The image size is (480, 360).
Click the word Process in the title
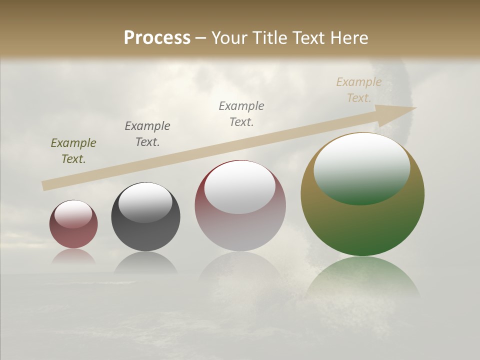[157, 37]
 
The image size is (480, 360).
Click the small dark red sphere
[73, 235]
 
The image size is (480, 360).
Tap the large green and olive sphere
[362, 225]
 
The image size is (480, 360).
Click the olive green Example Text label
[73, 151]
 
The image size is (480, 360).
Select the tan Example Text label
[358, 90]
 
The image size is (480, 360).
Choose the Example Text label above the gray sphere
[147, 134]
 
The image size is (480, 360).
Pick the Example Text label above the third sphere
[241, 113]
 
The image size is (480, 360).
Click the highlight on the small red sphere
[73, 214]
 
